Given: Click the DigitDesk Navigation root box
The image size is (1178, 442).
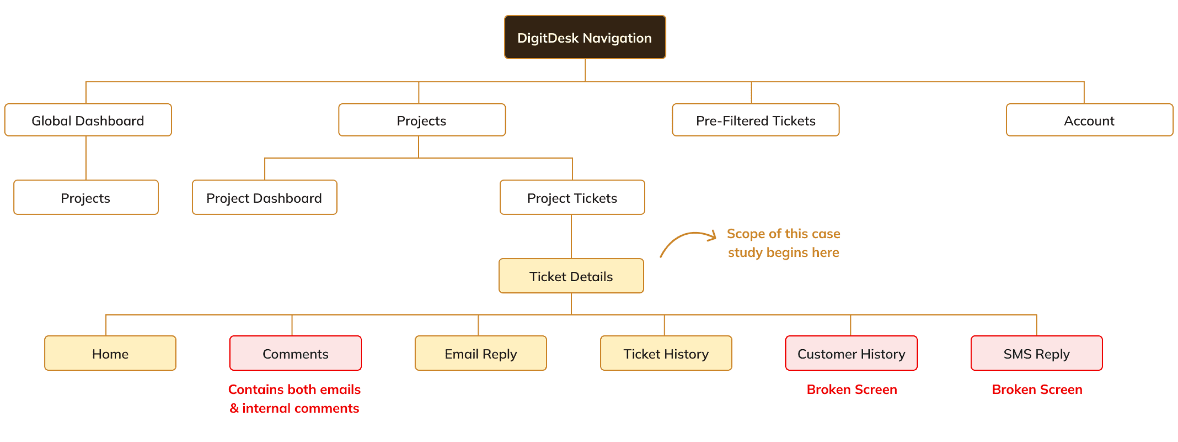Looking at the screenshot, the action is [585, 37].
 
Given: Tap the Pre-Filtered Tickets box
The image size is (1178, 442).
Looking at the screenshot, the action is [756, 120].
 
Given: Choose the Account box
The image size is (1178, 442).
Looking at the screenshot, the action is [1089, 120].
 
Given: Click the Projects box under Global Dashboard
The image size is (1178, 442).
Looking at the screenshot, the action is [86, 197].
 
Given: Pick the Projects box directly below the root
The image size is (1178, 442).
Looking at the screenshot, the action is [422, 120].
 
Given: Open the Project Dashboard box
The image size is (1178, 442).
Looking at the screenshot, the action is [264, 197].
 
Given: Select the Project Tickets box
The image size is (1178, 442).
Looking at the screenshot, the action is [572, 197].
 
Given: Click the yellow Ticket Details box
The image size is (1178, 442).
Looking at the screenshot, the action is [571, 276].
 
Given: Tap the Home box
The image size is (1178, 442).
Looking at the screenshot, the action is [110, 353].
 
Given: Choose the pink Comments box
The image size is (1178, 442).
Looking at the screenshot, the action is [296, 353].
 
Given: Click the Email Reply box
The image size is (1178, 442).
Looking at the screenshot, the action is [481, 353].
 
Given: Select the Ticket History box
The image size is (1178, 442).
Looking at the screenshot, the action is [666, 353].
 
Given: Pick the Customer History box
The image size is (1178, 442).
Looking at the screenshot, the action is [851, 353].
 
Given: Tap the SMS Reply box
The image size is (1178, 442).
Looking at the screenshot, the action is [1036, 353].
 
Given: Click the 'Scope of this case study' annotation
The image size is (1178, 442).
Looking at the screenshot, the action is [784, 243].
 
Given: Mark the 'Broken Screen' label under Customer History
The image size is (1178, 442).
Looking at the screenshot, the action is [852, 389].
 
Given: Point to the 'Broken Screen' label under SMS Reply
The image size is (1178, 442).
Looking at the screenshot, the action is [1037, 389].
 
